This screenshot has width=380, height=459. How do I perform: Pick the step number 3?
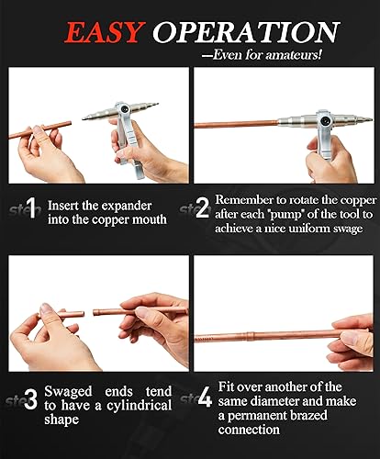[x=31, y=398]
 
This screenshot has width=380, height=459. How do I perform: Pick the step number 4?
[x=204, y=398]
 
